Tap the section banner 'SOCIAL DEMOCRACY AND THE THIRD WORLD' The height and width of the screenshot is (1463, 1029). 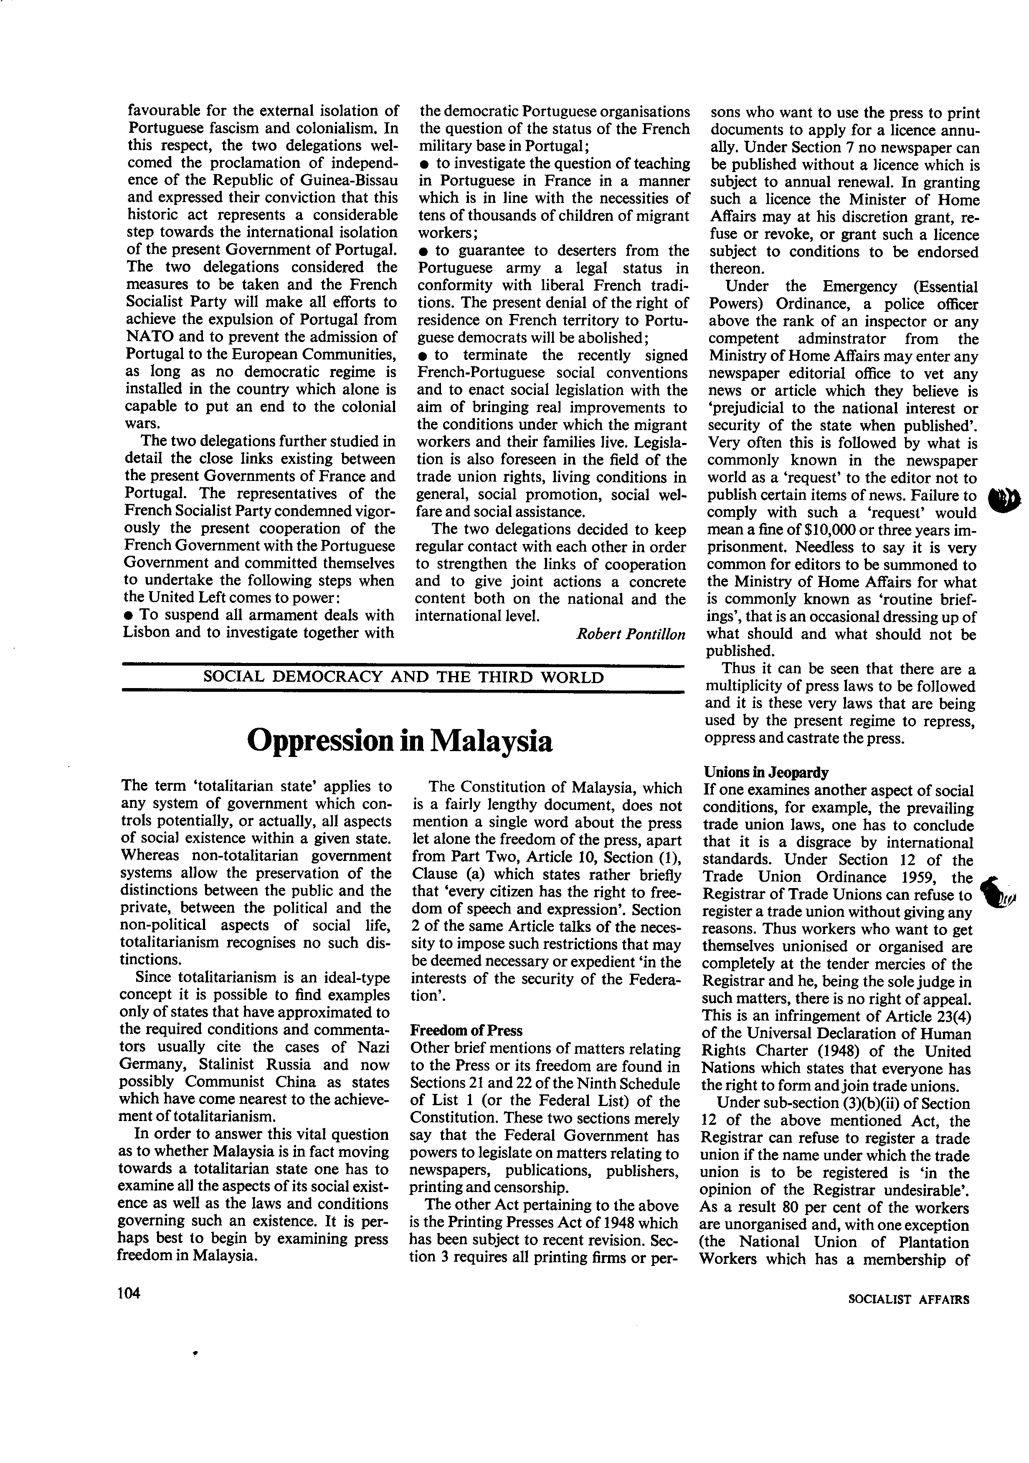403,677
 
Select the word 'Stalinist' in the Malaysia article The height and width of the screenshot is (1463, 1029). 228,1065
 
